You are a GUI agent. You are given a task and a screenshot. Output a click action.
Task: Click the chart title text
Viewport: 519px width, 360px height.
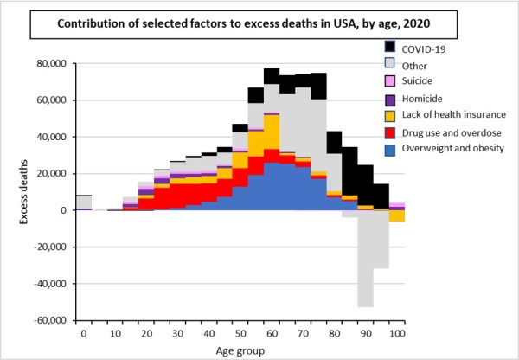click(x=207, y=22)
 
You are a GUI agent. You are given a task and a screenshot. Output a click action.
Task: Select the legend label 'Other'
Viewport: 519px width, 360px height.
click(x=419, y=65)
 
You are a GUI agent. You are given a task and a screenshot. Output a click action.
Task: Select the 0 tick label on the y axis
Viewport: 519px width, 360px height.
click(x=62, y=210)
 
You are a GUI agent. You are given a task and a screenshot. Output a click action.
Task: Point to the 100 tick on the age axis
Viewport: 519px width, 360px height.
click(x=396, y=332)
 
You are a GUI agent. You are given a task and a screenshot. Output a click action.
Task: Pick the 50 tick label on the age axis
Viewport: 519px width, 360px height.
click(x=240, y=332)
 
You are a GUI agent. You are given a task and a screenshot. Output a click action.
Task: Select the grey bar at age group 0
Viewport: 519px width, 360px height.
click(x=84, y=202)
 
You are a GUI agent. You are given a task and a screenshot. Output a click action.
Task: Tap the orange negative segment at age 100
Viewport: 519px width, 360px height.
click(x=396, y=215)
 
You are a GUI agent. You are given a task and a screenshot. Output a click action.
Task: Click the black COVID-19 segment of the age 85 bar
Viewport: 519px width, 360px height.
click(x=349, y=173)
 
